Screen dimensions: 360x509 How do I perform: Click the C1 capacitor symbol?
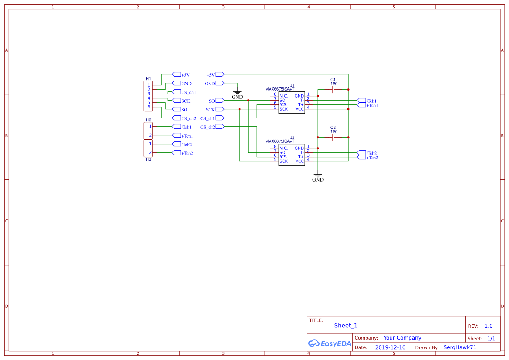tap(333, 89)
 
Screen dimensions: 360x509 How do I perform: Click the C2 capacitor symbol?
tap(333, 138)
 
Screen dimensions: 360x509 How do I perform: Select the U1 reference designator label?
tap(292, 85)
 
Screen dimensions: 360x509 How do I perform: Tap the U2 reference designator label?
tap(292, 138)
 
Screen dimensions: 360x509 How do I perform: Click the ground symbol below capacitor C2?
tap(318, 176)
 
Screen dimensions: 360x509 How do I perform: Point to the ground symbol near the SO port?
tap(237, 93)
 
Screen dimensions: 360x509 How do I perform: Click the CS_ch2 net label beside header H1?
tap(188, 118)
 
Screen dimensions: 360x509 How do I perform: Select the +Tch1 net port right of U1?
tap(371, 105)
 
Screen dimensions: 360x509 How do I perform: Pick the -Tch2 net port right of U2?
tap(371, 153)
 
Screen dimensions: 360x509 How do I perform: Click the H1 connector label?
tap(148, 79)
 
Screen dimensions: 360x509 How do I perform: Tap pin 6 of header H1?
tap(149, 107)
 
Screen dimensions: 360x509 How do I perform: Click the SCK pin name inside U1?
tap(283, 109)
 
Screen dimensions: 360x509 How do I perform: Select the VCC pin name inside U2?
tap(300, 161)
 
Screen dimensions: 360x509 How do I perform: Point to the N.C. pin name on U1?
tap(284, 96)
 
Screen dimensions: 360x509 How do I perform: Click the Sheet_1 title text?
tap(346, 326)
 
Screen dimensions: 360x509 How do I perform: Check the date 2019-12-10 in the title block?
tap(390, 347)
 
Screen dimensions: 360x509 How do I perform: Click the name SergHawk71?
tap(460, 347)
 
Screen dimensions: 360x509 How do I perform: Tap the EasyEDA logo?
tap(330, 343)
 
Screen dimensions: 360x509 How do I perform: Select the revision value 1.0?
tap(489, 326)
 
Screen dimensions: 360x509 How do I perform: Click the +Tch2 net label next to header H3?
tap(187, 153)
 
